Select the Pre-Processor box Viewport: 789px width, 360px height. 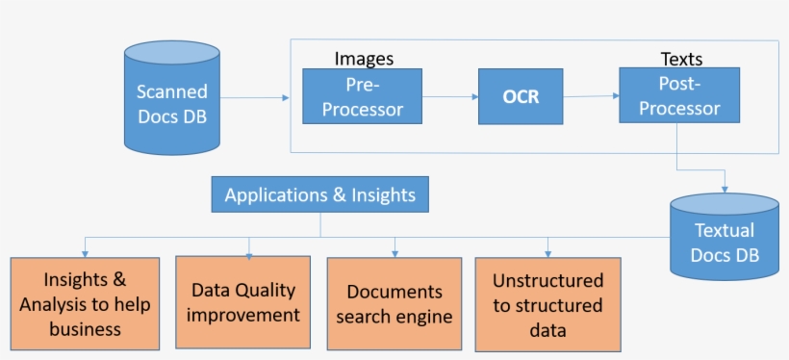tap(364, 96)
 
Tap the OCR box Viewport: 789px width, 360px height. tap(521, 96)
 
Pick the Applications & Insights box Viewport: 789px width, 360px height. tap(319, 195)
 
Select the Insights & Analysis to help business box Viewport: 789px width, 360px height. tap(85, 303)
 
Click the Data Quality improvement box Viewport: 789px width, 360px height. tap(244, 301)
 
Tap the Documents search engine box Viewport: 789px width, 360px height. tap(394, 303)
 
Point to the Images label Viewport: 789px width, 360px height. tap(364, 59)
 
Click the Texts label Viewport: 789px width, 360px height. tap(681, 59)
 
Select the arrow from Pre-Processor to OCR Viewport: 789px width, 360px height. tap(451, 96)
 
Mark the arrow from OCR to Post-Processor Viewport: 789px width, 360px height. tap(591, 95)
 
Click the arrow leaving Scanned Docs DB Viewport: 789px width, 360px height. tap(255, 97)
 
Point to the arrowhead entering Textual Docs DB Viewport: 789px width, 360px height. tap(724, 187)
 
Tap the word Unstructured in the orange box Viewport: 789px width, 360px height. tap(548, 281)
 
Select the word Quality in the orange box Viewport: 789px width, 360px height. tap(268, 290)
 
